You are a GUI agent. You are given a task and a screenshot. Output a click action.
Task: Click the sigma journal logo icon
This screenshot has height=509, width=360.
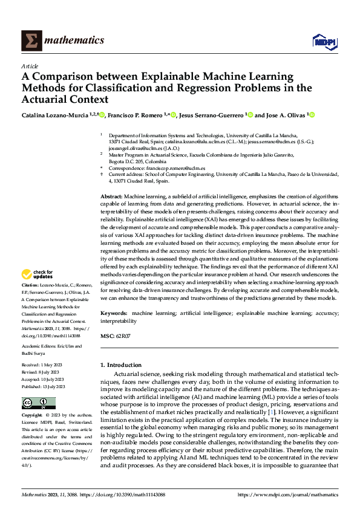click(x=31, y=41)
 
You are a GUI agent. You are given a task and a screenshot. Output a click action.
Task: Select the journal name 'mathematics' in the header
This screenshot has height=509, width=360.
click(x=74, y=41)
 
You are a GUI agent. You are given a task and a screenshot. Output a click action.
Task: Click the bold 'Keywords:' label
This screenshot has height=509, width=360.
click(x=114, y=314)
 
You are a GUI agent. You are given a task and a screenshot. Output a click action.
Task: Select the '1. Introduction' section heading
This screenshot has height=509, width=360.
click(x=121, y=365)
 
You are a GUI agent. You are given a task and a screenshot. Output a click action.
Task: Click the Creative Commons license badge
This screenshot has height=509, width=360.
click(x=38, y=403)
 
